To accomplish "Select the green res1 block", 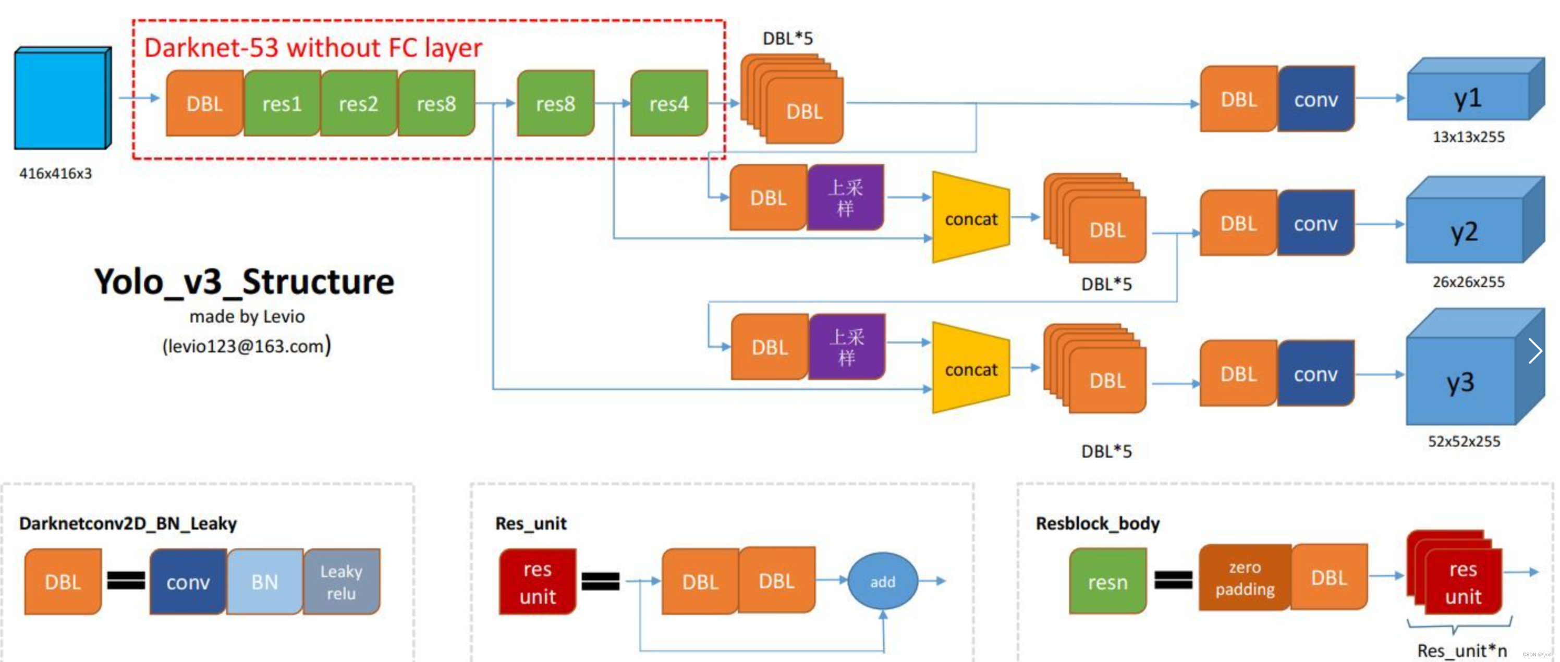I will [282, 103].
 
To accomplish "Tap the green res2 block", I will [359, 103].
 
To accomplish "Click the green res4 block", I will [668, 103].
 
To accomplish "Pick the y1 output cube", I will [1469, 97].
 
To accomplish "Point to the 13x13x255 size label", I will [1468, 137].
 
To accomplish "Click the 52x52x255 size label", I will [1464, 441].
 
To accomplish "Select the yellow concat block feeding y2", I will [970, 218].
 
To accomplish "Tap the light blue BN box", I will [265, 581].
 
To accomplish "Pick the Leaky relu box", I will [342, 581].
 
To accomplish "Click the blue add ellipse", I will [882, 581].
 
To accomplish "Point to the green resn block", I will [1107, 581].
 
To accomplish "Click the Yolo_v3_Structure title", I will [244, 281].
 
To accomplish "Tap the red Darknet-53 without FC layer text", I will [313, 48].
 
